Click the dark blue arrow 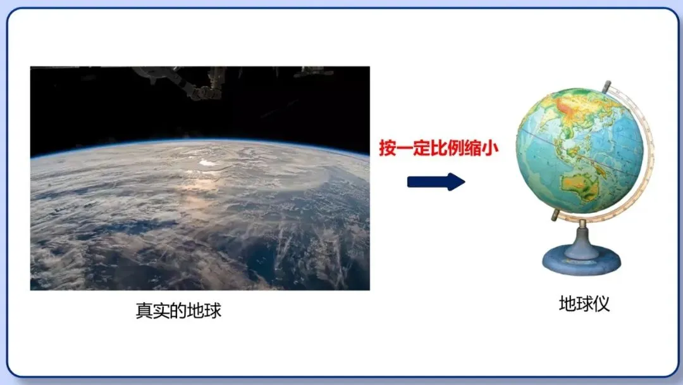coord(436,182)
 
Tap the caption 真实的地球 coord(178,312)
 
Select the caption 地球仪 coord(584,304)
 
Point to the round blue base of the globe coord(581,260)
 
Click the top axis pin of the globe coord(607,85)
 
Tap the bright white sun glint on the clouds coord(206,163)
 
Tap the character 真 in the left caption coord(144,312)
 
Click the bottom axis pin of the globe coord(555,215)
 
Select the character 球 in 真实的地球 coord(213,312)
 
